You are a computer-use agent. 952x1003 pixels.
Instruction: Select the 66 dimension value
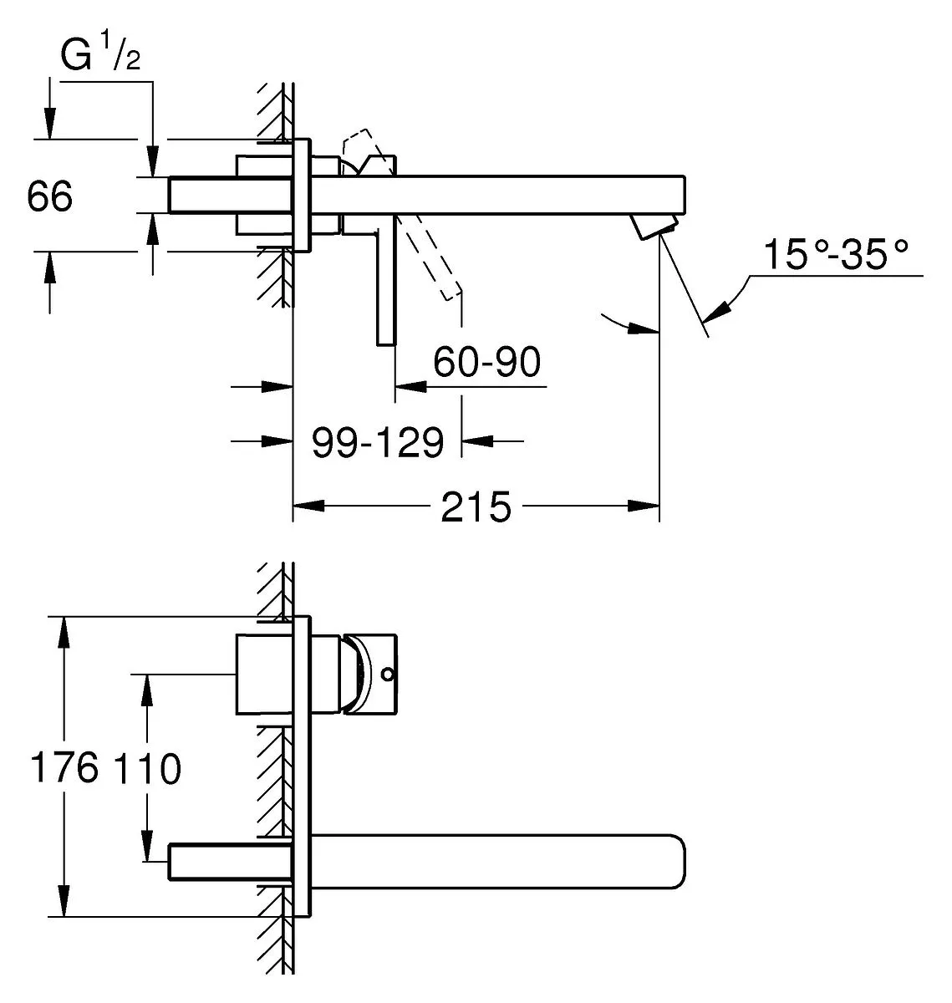50,196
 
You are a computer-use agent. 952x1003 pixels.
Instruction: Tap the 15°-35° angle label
835,254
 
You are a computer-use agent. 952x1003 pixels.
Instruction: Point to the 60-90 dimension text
486,362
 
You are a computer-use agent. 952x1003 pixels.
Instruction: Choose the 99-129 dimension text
378,442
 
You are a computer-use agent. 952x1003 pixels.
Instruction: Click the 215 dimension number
476,507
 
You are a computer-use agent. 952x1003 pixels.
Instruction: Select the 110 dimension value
147,768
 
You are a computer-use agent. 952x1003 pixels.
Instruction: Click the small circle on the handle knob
388,674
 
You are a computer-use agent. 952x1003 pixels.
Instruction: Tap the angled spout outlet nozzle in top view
654,226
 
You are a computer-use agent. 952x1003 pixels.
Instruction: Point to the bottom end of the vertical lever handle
386,345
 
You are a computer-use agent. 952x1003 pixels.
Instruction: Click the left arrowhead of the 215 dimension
308,506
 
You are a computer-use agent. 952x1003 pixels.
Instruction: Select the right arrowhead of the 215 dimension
644,506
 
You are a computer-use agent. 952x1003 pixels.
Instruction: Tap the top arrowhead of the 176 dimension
64,632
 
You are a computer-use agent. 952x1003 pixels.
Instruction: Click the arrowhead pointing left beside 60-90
410,387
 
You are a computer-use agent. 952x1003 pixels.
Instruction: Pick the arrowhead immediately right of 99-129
477,440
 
